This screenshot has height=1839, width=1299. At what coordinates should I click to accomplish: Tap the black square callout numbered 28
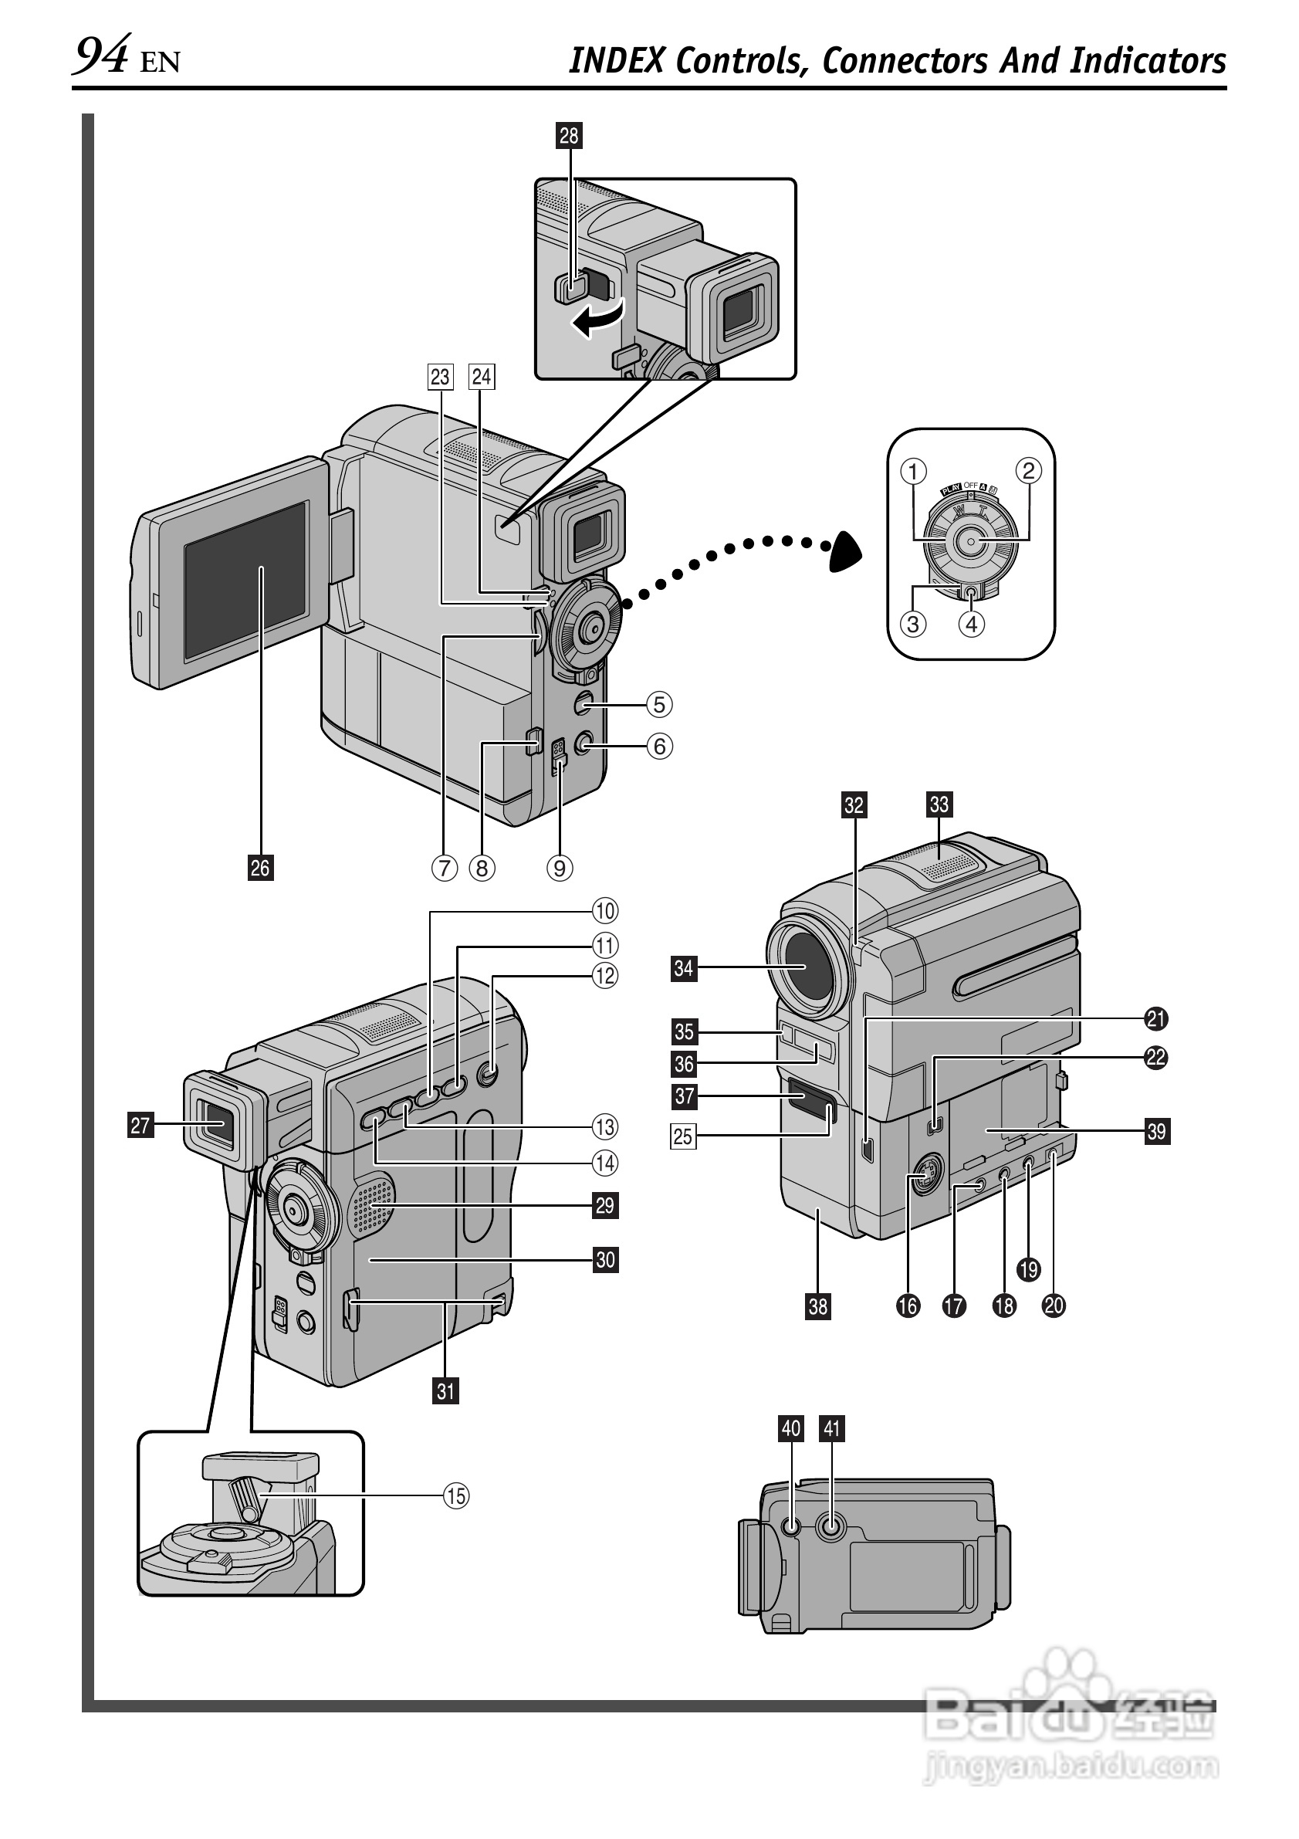pos(569,135)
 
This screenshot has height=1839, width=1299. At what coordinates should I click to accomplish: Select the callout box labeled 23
pos(441,377)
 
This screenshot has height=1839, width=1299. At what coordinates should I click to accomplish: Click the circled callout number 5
pos(659,705)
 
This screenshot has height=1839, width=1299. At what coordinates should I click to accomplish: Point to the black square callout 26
pos(260,868)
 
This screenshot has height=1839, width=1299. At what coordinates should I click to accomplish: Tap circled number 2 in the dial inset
pos(1028,470)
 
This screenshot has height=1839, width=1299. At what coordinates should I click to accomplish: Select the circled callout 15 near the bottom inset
pos(456,1495)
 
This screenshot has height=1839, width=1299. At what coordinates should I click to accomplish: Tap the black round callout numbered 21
pos(1155,1019)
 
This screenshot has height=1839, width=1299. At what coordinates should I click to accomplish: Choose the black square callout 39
pos(1156,1131)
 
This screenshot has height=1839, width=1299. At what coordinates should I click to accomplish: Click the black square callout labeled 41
pos(833,1428)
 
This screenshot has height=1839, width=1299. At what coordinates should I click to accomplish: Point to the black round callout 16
pos(908,1306)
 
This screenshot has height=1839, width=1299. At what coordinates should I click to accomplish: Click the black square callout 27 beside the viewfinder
pos(140,1126)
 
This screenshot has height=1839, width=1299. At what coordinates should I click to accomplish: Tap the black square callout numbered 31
pos(446,1391)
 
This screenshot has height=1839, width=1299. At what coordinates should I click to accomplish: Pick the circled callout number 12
pos(605,976)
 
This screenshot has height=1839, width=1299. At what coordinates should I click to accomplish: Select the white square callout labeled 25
pos(682,1136)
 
